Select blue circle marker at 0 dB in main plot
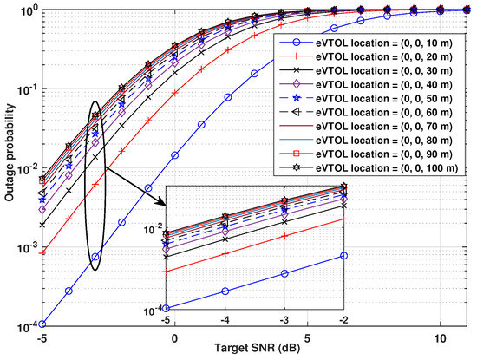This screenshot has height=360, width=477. pyautogui.click(x=175, y=155)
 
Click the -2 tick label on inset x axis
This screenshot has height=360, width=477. pyautogui.click(x=345, y=319)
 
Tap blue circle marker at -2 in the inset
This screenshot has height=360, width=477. pyautogui.click(x=345, y=255)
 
